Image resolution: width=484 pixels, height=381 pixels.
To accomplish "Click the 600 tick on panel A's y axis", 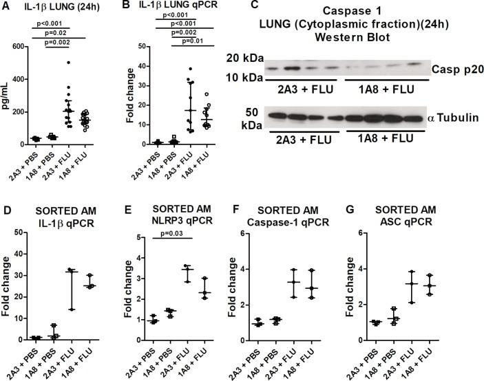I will pyautogui.click(x=23, y=47).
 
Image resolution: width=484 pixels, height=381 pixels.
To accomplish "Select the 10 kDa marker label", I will pyautogui.click(x=246, y=77).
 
